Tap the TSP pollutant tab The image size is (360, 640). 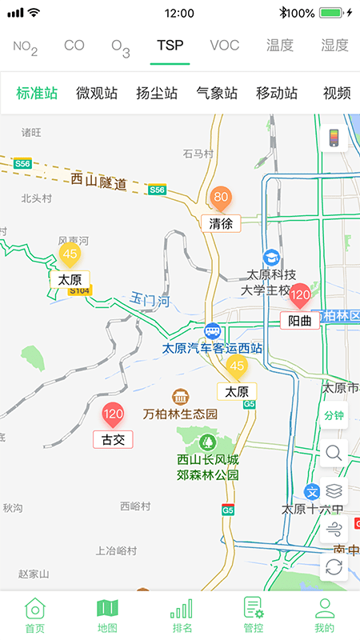coord(170,46)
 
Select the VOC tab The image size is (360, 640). coord(224,46)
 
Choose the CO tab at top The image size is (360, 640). coord(74,46)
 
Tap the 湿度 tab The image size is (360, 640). coord(334,46)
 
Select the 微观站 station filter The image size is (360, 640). coord(97,93)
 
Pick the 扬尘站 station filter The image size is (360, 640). coord(157,93)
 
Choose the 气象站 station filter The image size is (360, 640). coord(217,93)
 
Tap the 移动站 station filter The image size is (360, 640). coord(277,93)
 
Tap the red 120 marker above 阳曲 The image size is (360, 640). coord(300,296)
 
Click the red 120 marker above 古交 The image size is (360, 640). coord(113,415)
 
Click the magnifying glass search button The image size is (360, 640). coord(334,453)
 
